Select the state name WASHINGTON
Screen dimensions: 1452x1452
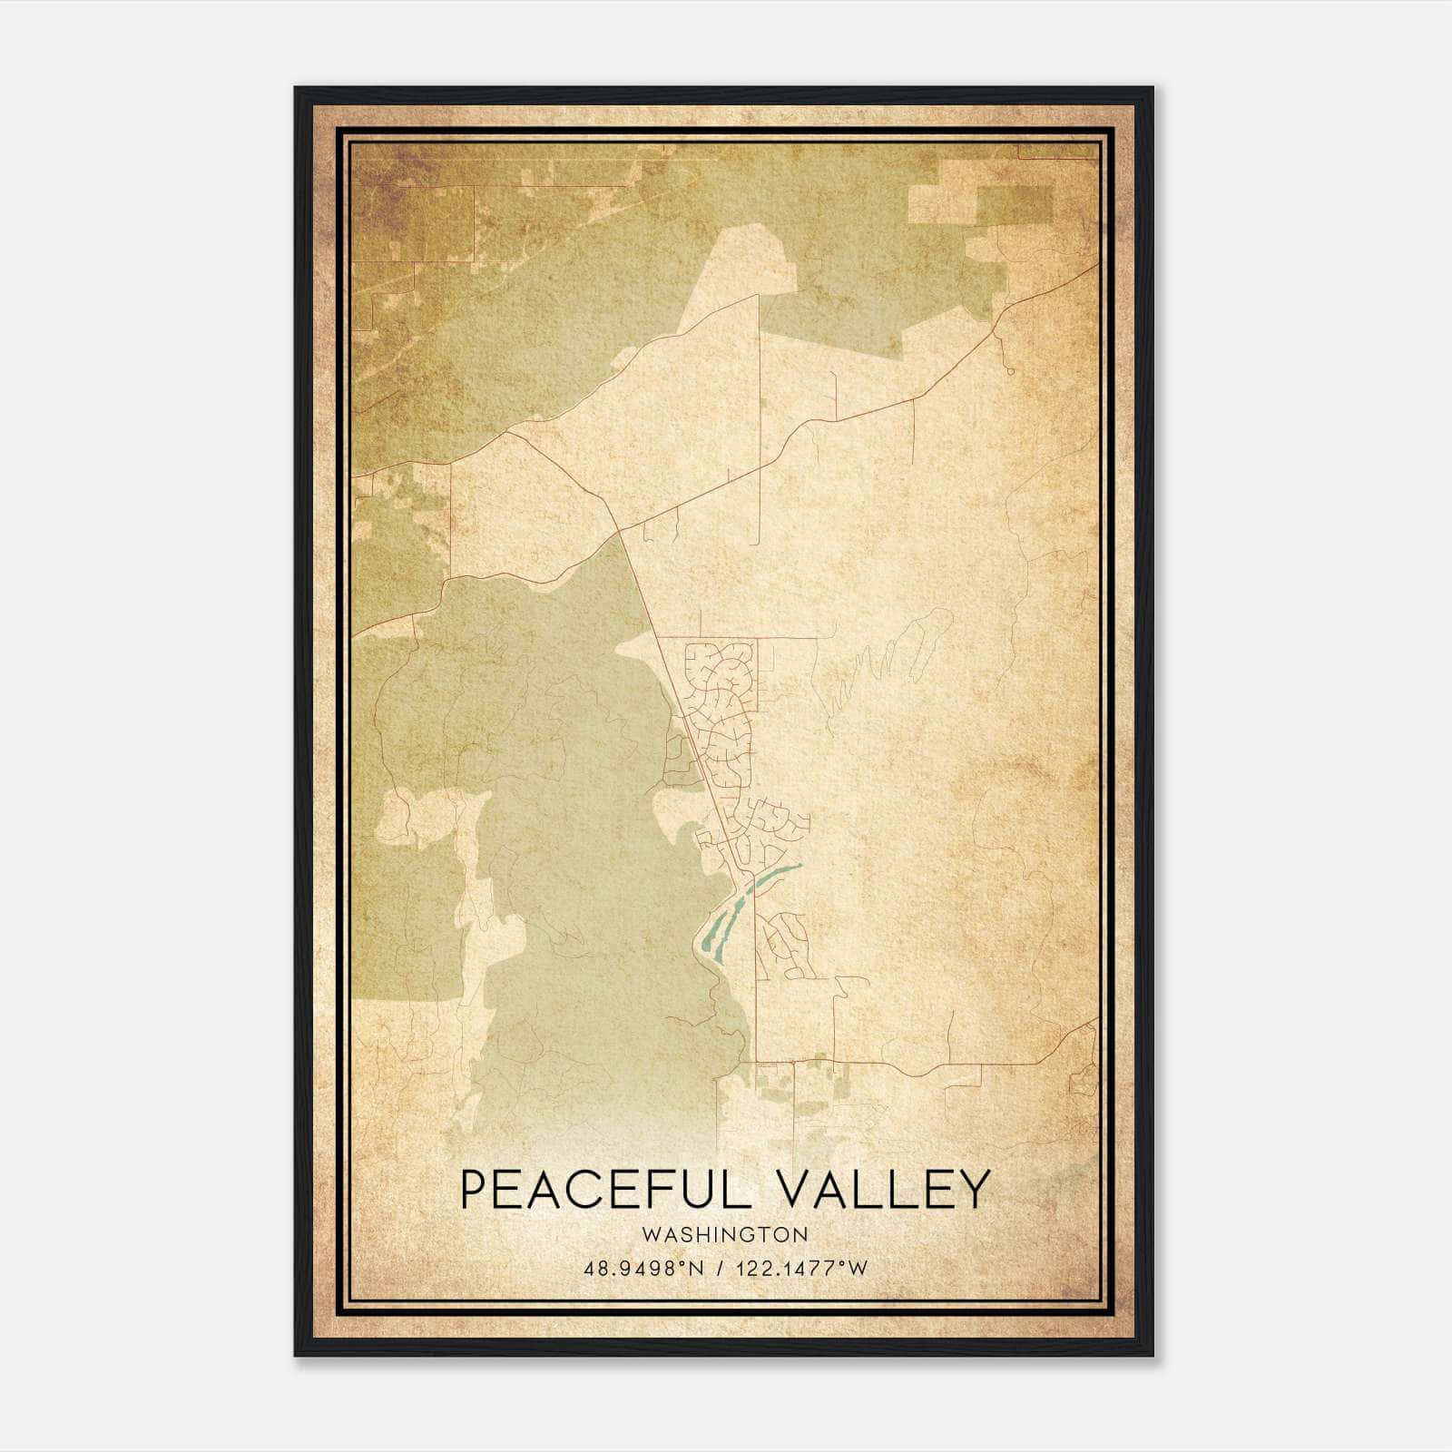click(724, 1234)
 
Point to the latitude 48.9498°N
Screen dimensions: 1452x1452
click(644, 1268)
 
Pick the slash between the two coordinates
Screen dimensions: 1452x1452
click(721, 1268)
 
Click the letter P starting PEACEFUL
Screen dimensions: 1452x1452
click(474, 1189)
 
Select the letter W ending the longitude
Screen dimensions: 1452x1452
click(858, 1268)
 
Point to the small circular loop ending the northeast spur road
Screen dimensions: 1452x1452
click(1010, 370)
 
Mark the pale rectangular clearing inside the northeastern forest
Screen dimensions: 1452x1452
click(944, 203)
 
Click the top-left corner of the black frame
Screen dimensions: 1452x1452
click(296, 89)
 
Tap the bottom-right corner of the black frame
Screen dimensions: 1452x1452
click(1152, 1354)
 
